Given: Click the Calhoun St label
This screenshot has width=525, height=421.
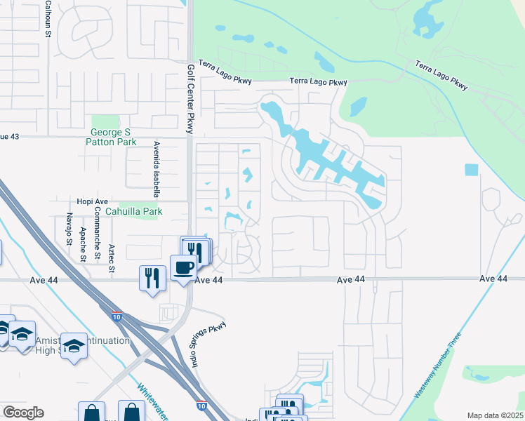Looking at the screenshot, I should pyautogui.click(x=48, y=18).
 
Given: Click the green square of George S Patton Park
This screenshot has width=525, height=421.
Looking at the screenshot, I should pyautogui.click(x=105, y=122).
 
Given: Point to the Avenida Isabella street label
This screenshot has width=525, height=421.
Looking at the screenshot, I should pyautogui.click(x=156, y=169).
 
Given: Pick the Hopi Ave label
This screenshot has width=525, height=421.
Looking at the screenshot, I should pyautogui.click(x=92, y=201).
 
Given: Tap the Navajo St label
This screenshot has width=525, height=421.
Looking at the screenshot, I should pyautogui.click(x=69, y=229).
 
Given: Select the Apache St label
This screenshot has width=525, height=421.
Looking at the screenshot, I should pyautogui.click(x=83, y=243).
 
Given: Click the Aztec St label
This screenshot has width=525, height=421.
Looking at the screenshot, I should pyautogui.click(x=111, y=258).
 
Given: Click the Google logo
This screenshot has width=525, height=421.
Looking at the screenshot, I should pyautogui.click(x=22, y=413).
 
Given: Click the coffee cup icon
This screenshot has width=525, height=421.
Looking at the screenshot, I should pyautogui.click(x=184, y=267).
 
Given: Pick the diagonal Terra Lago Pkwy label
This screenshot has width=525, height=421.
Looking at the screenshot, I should pyautogui.click(x=441, y=76).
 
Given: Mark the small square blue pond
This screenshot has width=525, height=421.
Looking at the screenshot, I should pyautogui.click(x=471, y=170).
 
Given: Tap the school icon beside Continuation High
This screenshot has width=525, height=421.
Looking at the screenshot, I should pyautogui.click(x=74, y=346).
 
